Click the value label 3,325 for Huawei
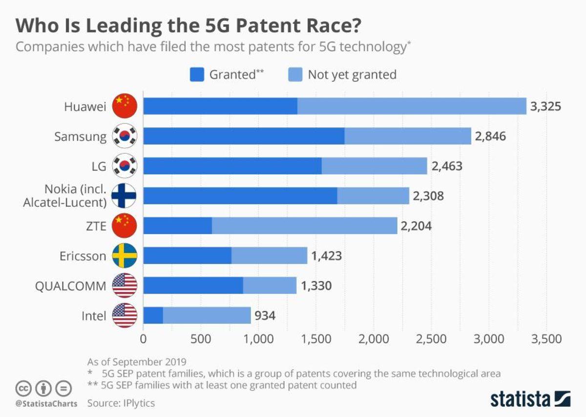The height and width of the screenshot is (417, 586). coord(545,106)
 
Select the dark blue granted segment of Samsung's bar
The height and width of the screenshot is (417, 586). coord(244,137)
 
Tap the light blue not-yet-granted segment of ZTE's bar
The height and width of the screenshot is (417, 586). coord(304,226)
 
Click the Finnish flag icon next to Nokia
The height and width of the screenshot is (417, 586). coord(125,196)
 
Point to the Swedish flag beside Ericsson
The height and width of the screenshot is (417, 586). coord(125,256)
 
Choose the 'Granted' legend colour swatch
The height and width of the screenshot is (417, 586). coord(196,75)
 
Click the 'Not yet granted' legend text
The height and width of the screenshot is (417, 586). coord(352,75)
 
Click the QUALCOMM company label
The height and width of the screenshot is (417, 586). coord(70,286)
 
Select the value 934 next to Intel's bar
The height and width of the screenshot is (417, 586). coord(264,316)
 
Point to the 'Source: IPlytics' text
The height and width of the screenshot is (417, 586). coord(121,403)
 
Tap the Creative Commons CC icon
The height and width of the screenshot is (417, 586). coord(23,389)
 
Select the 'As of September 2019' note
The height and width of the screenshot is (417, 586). coord(137,362)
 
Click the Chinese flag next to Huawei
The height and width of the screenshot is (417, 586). coord(125,106)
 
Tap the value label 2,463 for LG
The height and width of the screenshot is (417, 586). coord(446,166)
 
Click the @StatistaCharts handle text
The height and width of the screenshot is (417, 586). coord(45,403)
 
